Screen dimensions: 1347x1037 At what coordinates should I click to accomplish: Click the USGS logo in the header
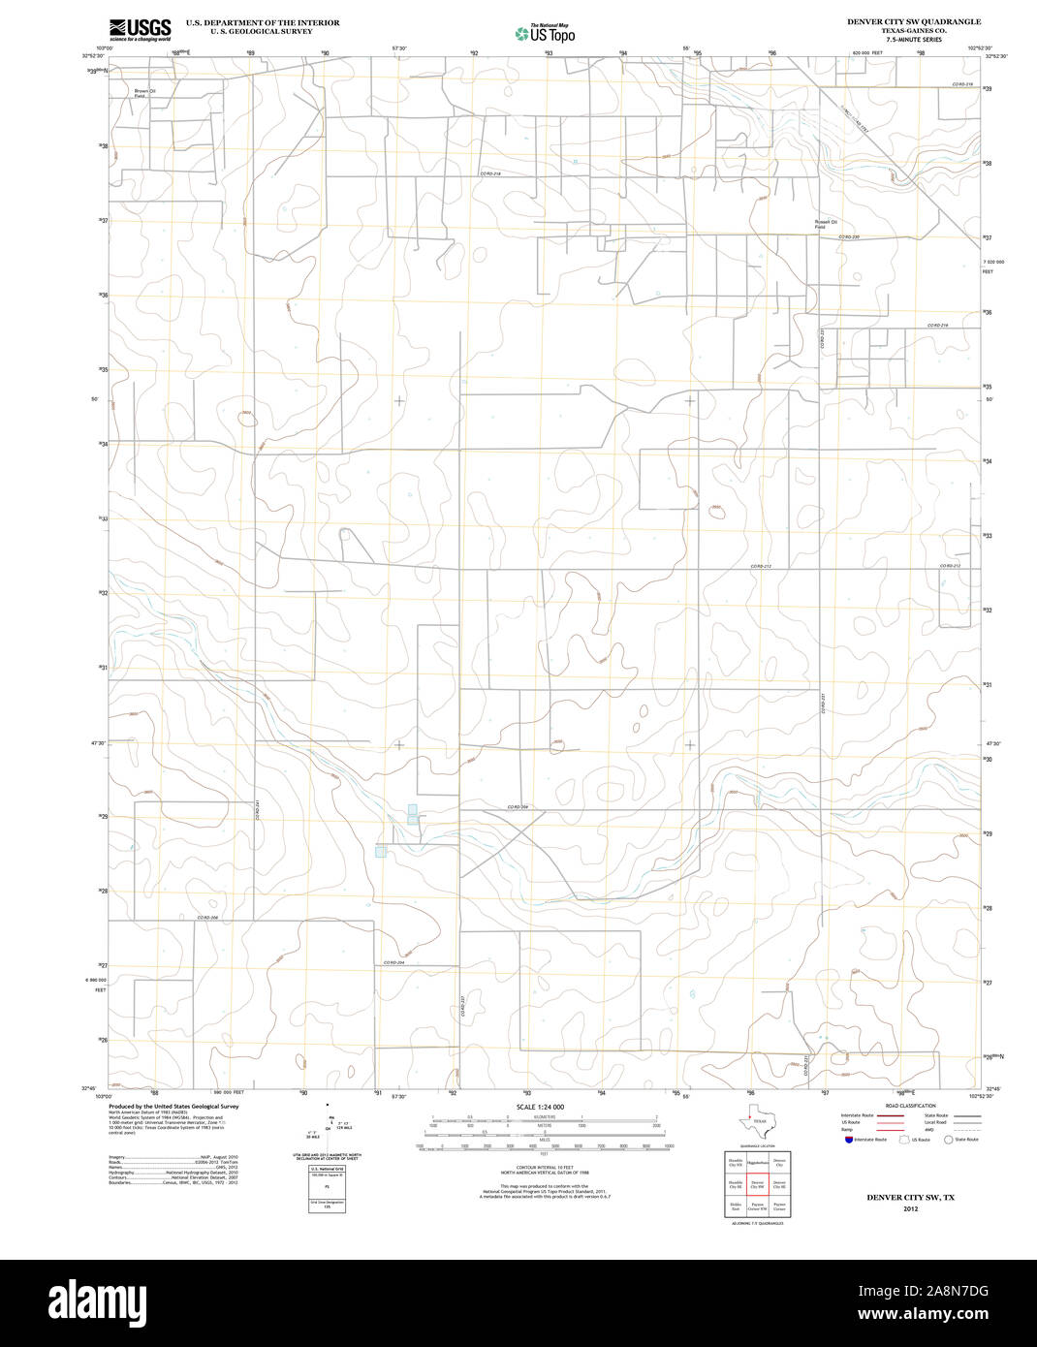[x=140, y=29]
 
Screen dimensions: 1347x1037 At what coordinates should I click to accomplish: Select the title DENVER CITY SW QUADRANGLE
[x=913, y=21]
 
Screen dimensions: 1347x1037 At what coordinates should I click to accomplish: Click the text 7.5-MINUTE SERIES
[x=913, y=40]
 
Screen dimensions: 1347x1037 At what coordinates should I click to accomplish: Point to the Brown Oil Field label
[x=144, y=94]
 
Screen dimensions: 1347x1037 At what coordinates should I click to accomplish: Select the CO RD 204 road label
[x=393, y=962]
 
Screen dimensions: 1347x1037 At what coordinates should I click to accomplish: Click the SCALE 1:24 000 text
[x=540, y=1107]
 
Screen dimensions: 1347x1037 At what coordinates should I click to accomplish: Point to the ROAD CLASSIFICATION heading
[x=910, y=1106]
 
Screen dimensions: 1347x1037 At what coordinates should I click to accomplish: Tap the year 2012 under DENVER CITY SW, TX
[x=910, y=1208]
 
